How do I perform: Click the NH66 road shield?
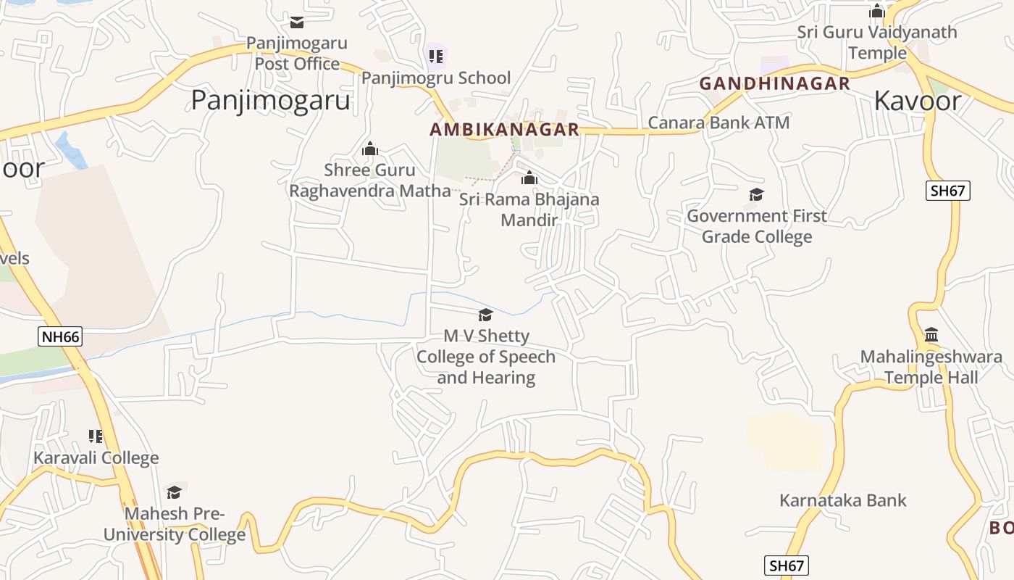pos(60,336)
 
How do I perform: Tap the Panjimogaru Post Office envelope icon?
pos(297,22)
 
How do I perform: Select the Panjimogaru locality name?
pos(270,100)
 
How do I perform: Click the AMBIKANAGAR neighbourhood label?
pos(504,130)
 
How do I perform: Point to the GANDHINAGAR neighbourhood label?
pos(774,83)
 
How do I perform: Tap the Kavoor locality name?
pos(918,101)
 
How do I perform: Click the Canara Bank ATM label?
pos(718,123)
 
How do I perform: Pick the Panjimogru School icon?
pos(436,56)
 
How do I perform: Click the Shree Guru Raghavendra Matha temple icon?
pos(370,149)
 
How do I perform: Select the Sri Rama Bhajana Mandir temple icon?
pos(529,178)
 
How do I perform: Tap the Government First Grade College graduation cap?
pos(757,194)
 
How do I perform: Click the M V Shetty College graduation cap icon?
pos(485,315)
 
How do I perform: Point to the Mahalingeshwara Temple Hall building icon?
pos(931,335)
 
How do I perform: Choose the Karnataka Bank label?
pos(843,500)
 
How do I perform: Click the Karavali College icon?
pos(96,436)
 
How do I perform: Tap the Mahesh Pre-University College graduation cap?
pos(174,493)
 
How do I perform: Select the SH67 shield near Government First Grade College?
pos(948,191)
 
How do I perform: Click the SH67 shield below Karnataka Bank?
pos(787,565)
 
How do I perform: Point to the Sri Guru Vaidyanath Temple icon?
pos(877,11)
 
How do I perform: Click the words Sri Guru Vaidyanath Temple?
pos(877,43)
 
